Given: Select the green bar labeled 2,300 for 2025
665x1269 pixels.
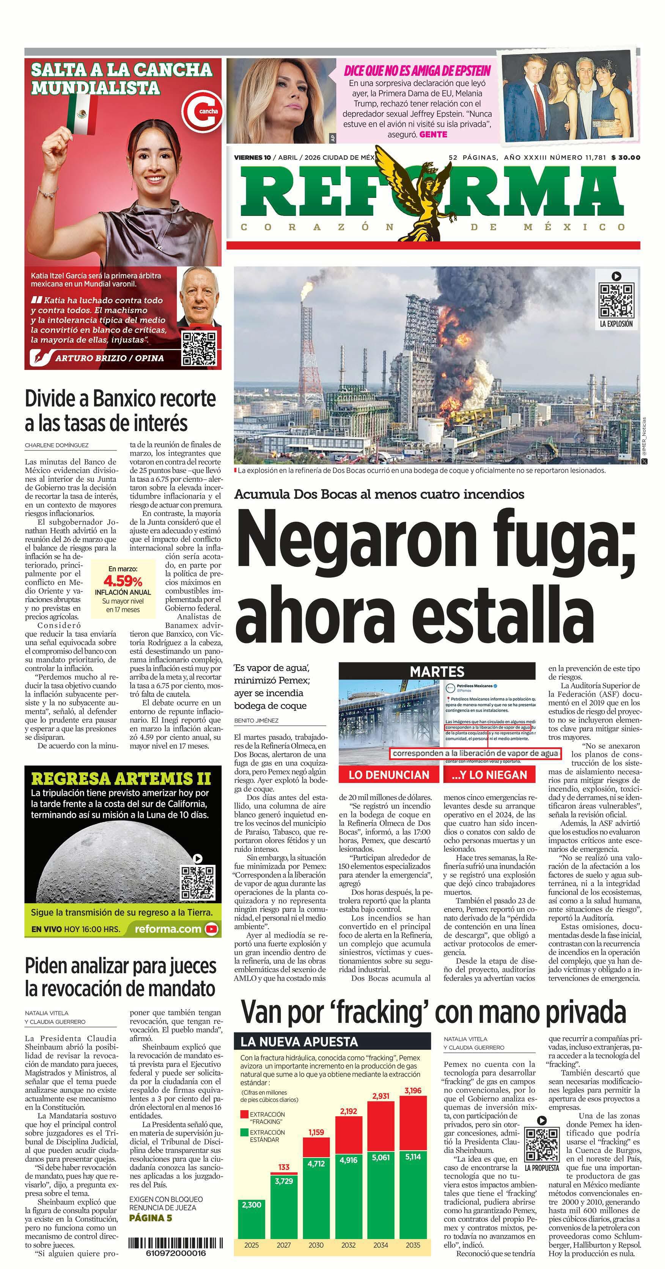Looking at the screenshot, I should pyautogui.click(x=252, y=1217).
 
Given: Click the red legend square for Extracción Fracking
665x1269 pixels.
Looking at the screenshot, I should pyautogui.click(x=244, y=1114).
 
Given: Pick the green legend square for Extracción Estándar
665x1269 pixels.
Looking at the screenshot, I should pyautogui.click(x=244, y=1133).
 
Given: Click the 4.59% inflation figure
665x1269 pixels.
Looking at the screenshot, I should pyautogui.click(x=123, y=581).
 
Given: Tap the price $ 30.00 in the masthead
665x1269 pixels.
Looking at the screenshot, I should pyautogui.click(x=625, y=158).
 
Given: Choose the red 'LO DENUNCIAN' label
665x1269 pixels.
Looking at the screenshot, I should pyautogui.click(x=388, y=775).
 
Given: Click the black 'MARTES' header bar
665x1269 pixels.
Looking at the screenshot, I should pyautogui.click(x=437, y=671).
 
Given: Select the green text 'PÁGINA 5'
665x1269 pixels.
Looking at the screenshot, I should pyautogui.click(x=150, y=1218).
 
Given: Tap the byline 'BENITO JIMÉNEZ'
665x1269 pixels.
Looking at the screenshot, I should pyautogui.click(x=256, y=720).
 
